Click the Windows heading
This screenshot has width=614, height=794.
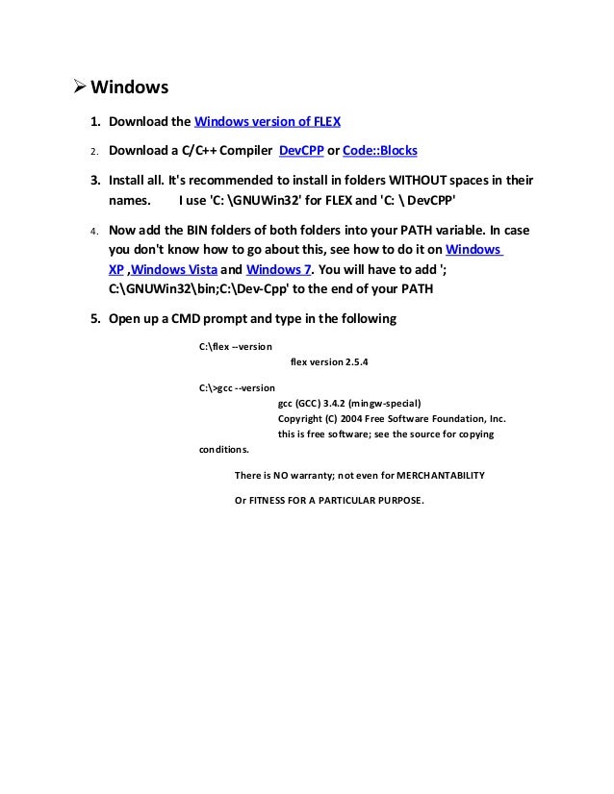click(130, 88)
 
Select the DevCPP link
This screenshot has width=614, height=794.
click(301, 151)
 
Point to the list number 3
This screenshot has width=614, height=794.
click(95, 181)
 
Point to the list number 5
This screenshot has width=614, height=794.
click(95, 319)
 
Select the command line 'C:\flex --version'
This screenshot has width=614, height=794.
click(235, 345)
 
